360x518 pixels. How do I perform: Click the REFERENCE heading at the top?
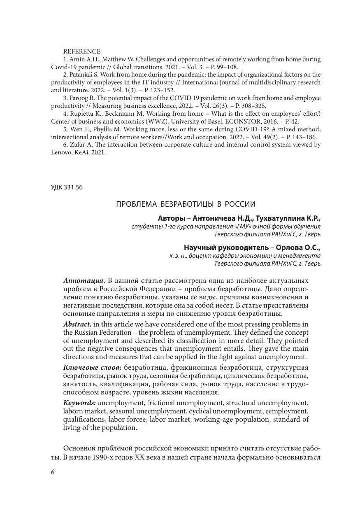click(x=82, y=51)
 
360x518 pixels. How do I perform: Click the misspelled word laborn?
click(x=72, y=411)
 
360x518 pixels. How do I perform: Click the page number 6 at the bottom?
click(x=53, y=472)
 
